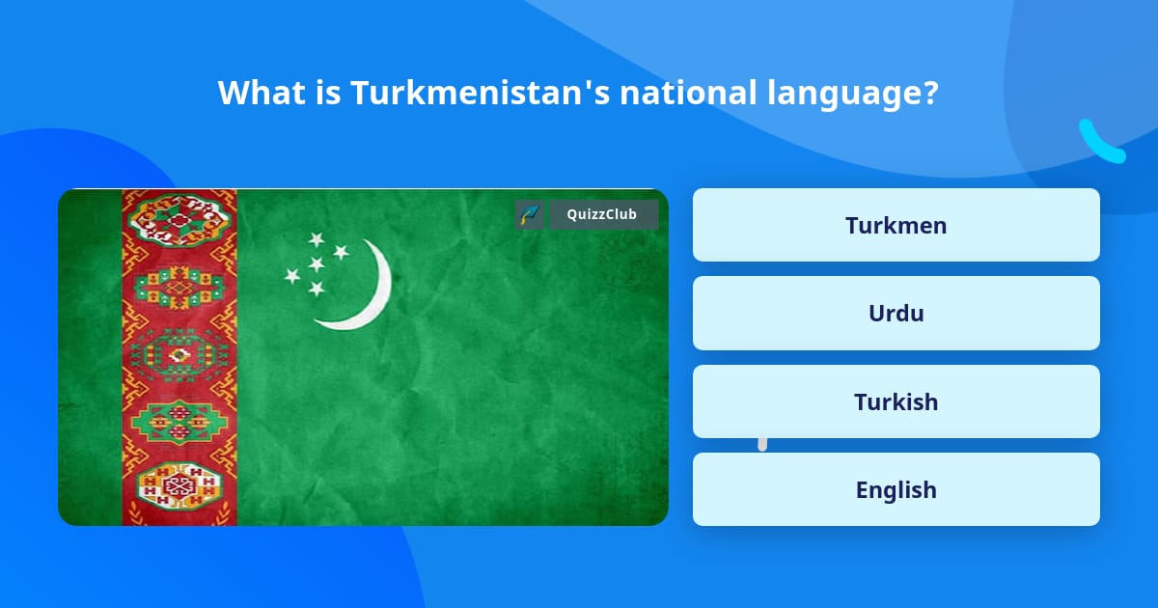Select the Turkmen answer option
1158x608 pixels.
click(x=896, y=225)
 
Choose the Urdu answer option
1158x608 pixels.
click(x=896, y=313)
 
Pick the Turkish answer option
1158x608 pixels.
click(x=896, y=401)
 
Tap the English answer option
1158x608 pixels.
click(x=896, y=489)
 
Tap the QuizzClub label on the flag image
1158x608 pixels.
click(x=603, y=214)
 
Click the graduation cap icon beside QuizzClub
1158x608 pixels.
click(x=529, y=214)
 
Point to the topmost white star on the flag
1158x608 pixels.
click(x=316, y=239)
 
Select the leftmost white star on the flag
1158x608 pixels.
click(x=291, y=276)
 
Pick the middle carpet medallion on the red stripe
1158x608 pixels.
click(x=179, y=354)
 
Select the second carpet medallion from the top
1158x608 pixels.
click(x=179, y=287)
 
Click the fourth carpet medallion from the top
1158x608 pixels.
click(x=179, y=421)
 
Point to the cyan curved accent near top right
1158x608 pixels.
click(x=1099, y=143)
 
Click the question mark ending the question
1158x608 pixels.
click(x=930, y=93)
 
